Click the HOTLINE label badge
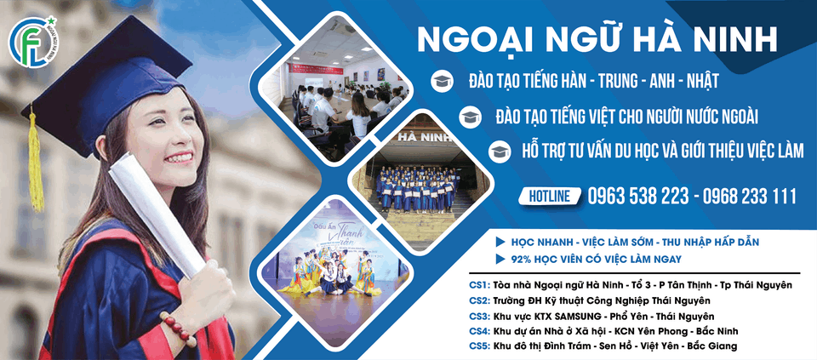(550, 197)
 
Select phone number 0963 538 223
(638, 197)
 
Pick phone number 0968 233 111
(746, 197)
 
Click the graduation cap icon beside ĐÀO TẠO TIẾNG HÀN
(443, 82)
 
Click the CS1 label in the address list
(479, 285)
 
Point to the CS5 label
(479, 346)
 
